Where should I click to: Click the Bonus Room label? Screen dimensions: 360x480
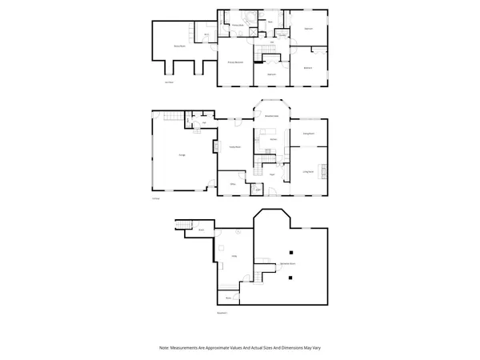[180, 47]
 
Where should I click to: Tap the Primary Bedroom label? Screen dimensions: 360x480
[235, 62]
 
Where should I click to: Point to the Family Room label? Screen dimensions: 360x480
[235, 146]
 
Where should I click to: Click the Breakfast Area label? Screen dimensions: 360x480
[272, 116]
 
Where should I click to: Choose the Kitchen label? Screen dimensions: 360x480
[272, 139]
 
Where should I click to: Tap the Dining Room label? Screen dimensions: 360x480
[308, 133]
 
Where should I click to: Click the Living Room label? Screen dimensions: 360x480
[308, 171]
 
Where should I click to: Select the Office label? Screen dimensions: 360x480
[234, 184]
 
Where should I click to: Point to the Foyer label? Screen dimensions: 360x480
[272, 174]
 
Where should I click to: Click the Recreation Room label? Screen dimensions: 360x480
[288, 262]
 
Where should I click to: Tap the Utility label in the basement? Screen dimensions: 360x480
[234, 256]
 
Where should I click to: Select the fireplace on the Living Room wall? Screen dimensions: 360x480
[323, 170]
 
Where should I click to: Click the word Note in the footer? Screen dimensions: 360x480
[164, 348]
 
